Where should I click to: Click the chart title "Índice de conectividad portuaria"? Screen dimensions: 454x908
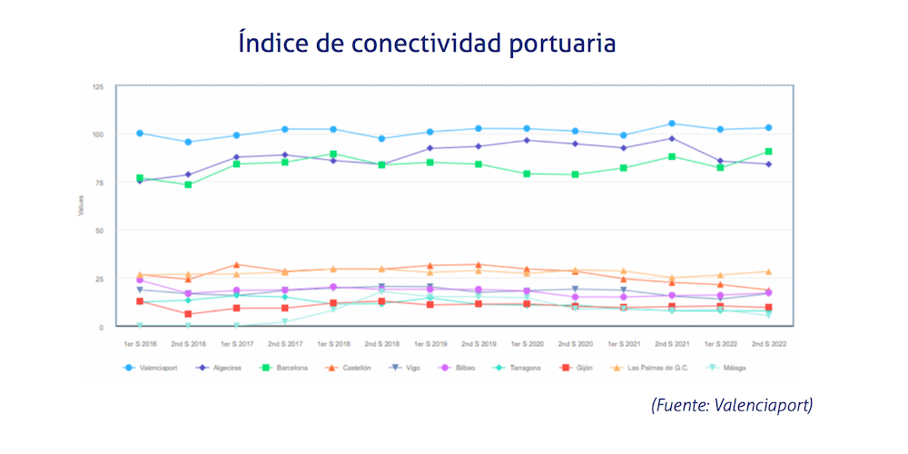click(x=427, y=43)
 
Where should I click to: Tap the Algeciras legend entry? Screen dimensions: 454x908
click(x=222, y=368)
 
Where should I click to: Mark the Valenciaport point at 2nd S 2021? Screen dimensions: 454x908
click(x=671, y=123)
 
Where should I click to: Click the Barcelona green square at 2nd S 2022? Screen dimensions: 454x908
click(x=768, y=152)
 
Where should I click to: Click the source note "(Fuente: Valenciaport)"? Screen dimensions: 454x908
click(x=731, y=404)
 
